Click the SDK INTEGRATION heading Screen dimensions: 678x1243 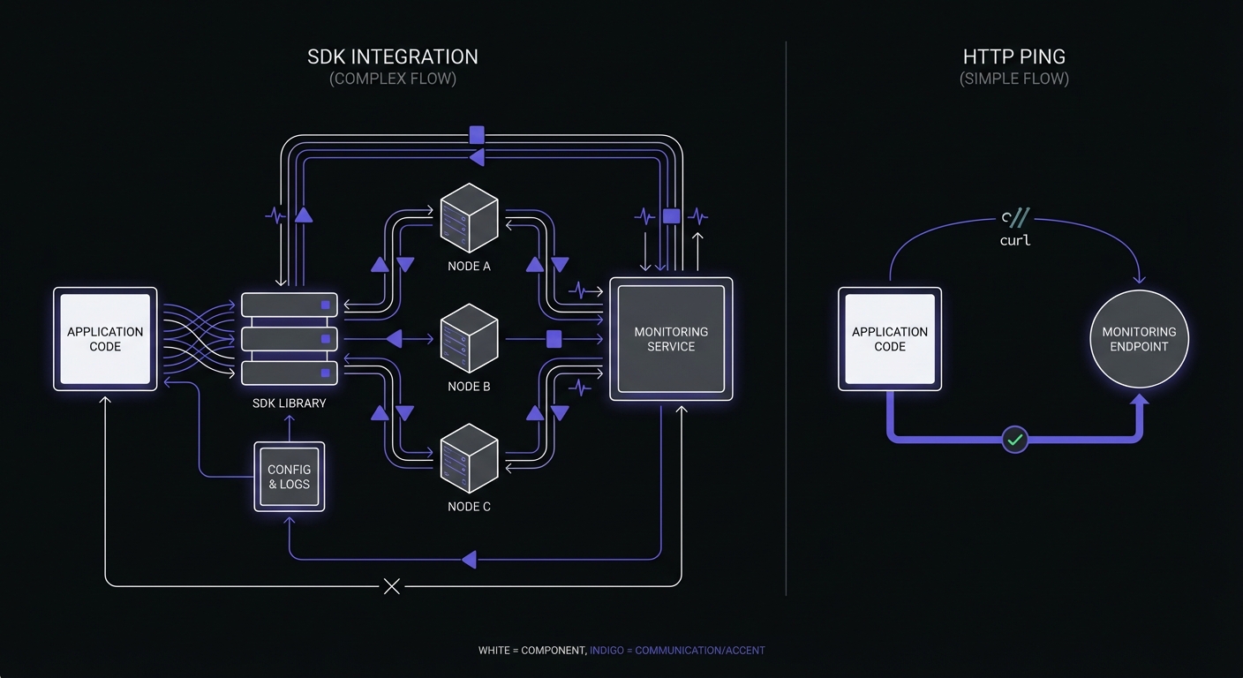click(393, 56)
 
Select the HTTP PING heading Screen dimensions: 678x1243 click(1014, 56)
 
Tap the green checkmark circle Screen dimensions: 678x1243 click(1015, 439)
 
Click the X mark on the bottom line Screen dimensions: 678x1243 click(392, 586)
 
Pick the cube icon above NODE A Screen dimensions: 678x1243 click(469, 217)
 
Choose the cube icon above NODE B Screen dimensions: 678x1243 click(469, 338)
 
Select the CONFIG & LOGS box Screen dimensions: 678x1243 click(290, 477)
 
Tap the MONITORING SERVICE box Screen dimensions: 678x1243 click(671, 339)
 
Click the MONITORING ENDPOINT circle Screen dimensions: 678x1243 click(1139, 339)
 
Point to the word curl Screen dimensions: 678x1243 click(1015, 240)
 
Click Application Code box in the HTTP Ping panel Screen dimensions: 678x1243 click(890, 339)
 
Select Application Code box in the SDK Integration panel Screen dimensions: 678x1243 click(105, 339)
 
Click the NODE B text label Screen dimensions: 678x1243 click(469, 387)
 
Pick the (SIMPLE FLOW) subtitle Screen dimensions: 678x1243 click(1014, 79)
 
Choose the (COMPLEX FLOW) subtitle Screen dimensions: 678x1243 click(393, 79)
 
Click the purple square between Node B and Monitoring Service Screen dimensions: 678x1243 click(554, 338)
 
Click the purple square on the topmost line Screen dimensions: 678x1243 click(477, 135)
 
